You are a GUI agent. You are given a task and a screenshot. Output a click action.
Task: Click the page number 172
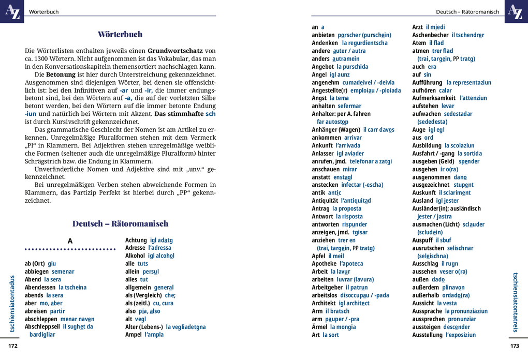(x=12, y=346)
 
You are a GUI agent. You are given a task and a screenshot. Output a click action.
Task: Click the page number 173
(x=515, y=346)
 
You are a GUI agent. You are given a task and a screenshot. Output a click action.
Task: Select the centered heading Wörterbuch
(x=120, y=35)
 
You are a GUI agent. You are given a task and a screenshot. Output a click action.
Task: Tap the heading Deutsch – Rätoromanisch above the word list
(x=120, y=224)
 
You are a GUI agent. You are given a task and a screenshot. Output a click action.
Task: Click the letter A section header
(x=70, y=241)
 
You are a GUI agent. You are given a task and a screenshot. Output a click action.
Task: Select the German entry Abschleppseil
(x=42, y=327)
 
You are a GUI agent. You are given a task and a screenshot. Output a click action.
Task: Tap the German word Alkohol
(x=135, y=256)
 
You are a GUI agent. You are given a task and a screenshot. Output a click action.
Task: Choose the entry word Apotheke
(x=324, y=264)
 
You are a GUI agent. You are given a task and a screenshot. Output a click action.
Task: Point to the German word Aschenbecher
(x=430, y=35)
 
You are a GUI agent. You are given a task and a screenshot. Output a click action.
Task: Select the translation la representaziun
(x=468, y=82)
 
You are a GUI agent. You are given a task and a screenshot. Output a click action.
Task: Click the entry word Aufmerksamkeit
(x=434, y=98)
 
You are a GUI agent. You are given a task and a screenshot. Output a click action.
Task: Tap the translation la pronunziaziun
(x=466, y=311)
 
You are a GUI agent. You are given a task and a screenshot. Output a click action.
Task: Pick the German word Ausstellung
(x=428, y=335)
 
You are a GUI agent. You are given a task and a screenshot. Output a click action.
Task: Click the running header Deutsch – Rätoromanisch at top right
(x=467, y=12)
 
